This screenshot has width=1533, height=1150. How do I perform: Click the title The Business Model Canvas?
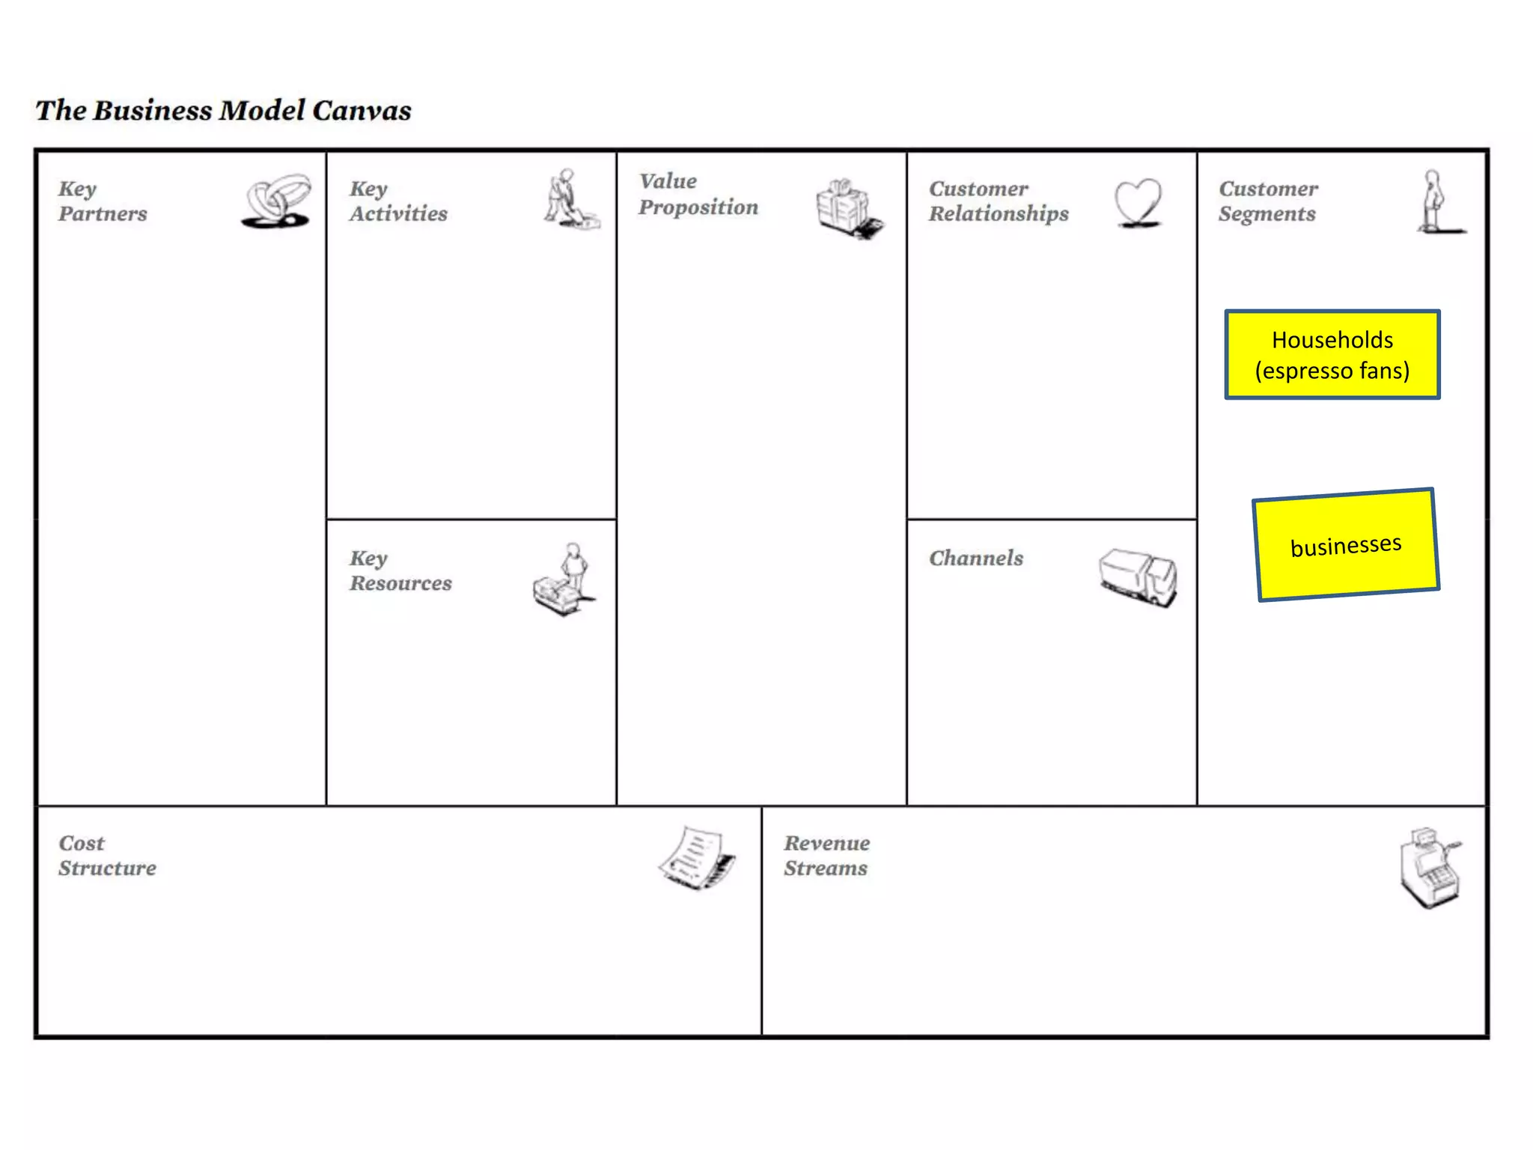(223, 111)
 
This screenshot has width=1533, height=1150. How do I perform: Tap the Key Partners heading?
(103, 201)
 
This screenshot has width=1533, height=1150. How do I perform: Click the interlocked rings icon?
(277, 201)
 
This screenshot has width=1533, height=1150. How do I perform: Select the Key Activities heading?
(397, 201)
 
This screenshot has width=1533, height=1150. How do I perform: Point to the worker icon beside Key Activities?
(570, 199)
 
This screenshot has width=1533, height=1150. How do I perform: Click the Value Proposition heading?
(698, 194)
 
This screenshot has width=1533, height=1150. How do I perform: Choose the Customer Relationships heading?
(999, 201)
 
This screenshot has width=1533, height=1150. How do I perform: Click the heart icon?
(1138, 201)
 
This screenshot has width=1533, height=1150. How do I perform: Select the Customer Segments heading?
(1268, 201)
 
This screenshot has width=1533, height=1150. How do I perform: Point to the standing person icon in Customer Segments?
(1436, 201)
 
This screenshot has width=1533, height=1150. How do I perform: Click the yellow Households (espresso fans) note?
(1332, 354)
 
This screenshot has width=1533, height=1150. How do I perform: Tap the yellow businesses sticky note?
(1346, 544)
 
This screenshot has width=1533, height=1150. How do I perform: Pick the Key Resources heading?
(400, 571)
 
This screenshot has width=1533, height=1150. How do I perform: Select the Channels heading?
(976, 558)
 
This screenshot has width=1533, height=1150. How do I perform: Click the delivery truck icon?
(1138, 576)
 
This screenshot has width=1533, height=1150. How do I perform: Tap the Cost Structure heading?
(107, 855)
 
